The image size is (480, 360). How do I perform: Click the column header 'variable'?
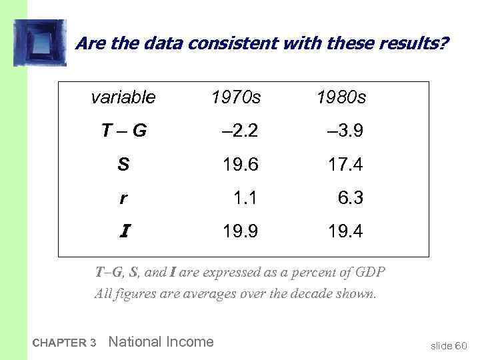tap(123, 98)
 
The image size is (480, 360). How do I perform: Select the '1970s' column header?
tap(236, 98)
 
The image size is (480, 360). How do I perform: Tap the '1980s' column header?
tap(341, 98)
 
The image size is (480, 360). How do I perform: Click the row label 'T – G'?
tap(124, 131)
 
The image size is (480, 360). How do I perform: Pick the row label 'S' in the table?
tap(123, 165)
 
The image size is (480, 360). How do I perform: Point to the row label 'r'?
tap(123, 198)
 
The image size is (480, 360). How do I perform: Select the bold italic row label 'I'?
tap(125, 231)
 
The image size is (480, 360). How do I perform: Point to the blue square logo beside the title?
tap(39, 43)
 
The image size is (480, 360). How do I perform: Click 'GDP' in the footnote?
tap(369, 273)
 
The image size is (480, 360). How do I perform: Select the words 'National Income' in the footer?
tap(161, 342)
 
